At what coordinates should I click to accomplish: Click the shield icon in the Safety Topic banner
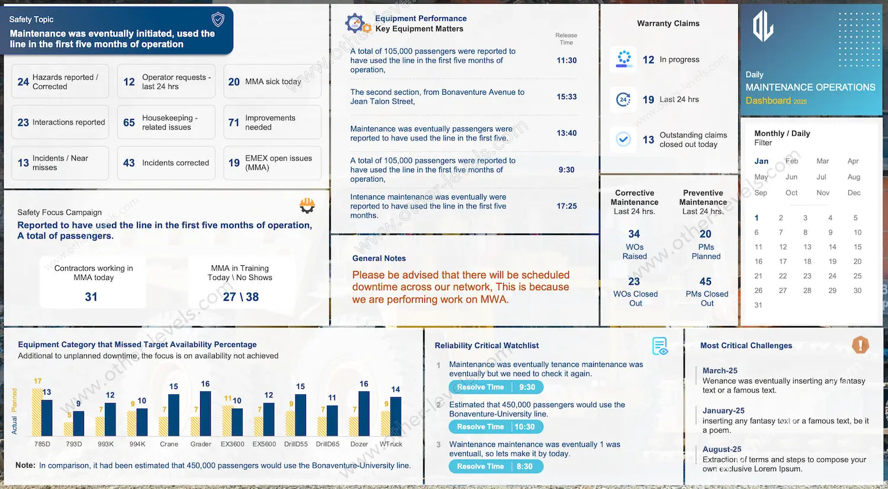218,20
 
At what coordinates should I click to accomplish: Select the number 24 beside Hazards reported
23,82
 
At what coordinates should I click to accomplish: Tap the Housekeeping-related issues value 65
129,123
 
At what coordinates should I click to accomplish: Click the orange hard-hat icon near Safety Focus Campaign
307,205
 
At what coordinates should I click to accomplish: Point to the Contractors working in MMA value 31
91,297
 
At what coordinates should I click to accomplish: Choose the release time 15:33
567,96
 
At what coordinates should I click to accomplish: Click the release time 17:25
567,206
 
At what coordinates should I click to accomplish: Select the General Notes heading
379,258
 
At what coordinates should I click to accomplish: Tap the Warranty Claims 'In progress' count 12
648,60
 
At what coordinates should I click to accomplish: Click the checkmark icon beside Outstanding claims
623,139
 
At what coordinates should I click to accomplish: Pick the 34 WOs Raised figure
634,234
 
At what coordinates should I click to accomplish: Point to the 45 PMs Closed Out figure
706,281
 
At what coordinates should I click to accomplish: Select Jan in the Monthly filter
761,161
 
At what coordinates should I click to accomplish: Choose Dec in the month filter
854,192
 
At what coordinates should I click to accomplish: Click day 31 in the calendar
758,305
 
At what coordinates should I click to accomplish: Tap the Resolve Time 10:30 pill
496,427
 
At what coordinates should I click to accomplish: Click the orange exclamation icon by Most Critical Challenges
860,345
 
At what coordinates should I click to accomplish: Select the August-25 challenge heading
722,449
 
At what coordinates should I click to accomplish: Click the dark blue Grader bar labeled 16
205,413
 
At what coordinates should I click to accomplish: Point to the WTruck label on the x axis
391,444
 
